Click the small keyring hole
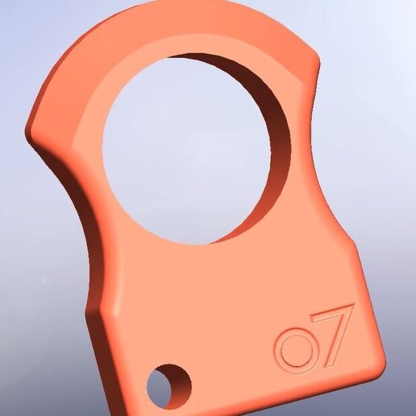click(x=169, y=386)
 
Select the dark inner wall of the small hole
click(x=180, y=381)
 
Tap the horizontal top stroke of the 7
click(x=333, y=310)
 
